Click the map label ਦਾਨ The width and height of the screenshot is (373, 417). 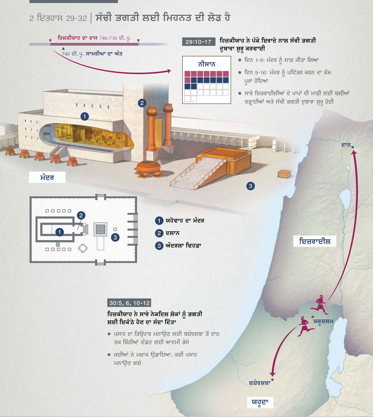coord(346,145)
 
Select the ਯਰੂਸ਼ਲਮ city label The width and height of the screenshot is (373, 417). coord(323,321)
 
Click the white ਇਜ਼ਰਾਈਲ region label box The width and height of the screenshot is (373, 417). coord(315,241)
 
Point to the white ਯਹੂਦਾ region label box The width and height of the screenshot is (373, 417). coord(260,402)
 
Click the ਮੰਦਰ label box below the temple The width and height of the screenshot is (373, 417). coord(47,177)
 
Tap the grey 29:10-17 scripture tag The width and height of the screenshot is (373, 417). coord(199,42)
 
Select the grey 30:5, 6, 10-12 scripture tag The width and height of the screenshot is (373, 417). coord(129,303)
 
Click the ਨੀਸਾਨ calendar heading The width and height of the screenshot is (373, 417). coord(207,64)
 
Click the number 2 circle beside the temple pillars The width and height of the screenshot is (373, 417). coord(142,103)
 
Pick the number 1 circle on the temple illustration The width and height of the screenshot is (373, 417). coord(85,116)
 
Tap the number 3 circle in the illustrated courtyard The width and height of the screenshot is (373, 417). coord(251,186)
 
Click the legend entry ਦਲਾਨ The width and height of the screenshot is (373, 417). coord(173,233)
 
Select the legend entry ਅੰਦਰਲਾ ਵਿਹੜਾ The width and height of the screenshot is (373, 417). coord(183,245)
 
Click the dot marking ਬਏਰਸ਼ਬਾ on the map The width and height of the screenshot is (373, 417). coord(272,379)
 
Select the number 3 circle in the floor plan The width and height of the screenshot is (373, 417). coord(115,237)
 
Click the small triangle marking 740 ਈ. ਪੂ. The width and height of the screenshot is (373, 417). coord(63,48)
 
